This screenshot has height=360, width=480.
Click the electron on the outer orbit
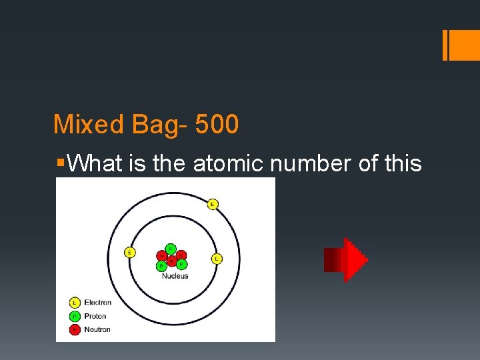click(213, 204)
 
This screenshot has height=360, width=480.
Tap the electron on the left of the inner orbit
click(129, 252)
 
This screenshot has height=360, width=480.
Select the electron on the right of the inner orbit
click(217, 258)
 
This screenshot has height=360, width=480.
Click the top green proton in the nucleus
click(171, 248)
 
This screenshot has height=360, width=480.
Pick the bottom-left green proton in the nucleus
click(161, 265)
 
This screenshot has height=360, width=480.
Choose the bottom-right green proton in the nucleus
click(181, 265)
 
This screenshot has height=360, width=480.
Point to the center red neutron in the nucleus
click(171, 260)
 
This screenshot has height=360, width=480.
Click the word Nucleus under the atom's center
click(175, 276)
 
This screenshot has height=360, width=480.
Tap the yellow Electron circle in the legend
click(75, 303)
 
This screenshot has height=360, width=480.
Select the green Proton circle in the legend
click(75, 316)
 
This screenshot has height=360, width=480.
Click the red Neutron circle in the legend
click(75, 329)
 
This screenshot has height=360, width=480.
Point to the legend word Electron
click(97, 303)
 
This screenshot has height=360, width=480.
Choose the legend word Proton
click(95, 316)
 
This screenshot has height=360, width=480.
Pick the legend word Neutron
click(97, 329)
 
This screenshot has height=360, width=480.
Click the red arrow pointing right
click(345, 259)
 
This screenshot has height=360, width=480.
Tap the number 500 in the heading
click(217, 125)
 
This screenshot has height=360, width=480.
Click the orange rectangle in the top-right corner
click(461, 45)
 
